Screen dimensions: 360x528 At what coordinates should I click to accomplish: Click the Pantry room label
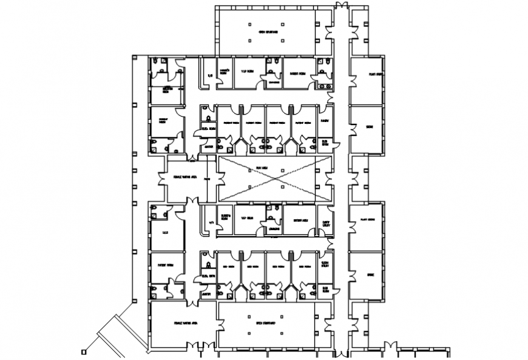click(326, 121)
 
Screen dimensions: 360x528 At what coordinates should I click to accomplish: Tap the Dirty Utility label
click(326, 223)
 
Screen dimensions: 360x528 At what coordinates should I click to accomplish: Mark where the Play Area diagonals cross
click(275, 179)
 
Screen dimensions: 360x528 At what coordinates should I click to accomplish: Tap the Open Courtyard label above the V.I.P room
click(268, 31)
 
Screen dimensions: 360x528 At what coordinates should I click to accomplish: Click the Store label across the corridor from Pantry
click(369, 126)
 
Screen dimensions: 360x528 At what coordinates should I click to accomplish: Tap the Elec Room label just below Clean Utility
click(326, 289)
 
